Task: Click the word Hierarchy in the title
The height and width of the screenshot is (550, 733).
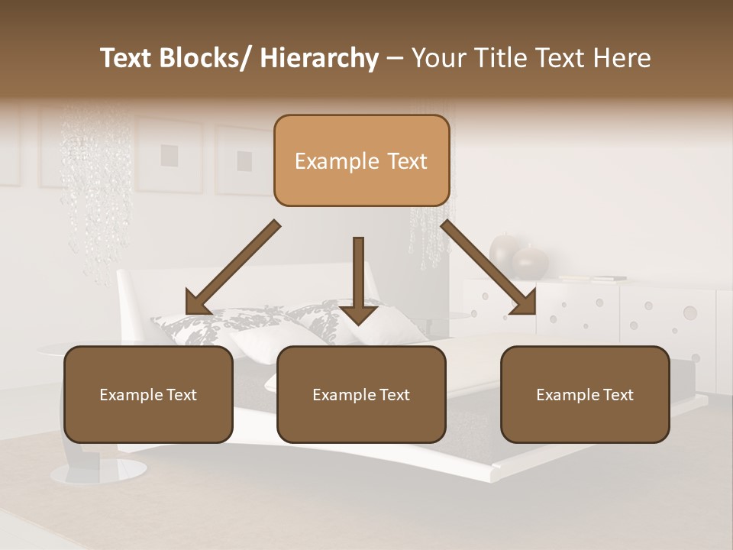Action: [x=319, y=58]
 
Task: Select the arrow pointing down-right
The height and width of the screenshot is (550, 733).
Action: [x=489, y=267]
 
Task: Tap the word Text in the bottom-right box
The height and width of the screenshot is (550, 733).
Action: [x=617, y=395]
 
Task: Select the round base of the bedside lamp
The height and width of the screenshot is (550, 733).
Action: [x=99, y=471]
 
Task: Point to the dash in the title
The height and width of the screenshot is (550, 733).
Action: [x=395, y=58]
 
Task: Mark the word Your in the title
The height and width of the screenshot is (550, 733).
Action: [x=435, y=58]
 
